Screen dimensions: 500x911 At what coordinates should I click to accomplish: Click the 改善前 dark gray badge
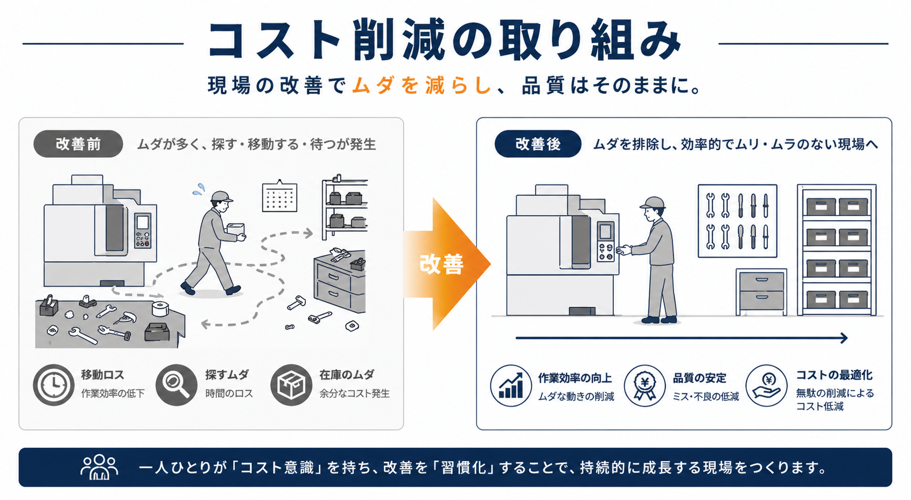[x=78, y=144]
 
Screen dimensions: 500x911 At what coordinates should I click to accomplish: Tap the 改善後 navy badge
[x=537, y=144]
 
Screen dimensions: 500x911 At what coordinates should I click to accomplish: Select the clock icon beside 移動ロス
[x=53, y=385]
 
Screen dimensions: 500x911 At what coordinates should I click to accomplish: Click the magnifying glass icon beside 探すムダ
[x=176, y=385]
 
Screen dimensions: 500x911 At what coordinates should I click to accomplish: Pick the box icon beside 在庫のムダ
[x=291, y=385]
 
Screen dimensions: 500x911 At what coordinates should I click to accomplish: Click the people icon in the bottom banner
[x=100, y=467]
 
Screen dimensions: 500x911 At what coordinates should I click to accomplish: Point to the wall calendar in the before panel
[x=279, y=196]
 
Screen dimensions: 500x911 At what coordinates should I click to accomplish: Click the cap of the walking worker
[x=221, y=196]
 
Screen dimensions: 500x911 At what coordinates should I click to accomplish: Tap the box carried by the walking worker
[x=235, y=229]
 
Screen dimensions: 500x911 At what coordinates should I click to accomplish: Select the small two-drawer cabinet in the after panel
[x=761, y=291]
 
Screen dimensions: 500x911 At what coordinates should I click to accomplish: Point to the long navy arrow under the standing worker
[x=681, y=338]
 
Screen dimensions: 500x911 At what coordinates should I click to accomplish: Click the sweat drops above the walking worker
[x=199, y=189]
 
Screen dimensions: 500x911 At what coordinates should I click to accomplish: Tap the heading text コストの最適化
[x=833, y=375]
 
